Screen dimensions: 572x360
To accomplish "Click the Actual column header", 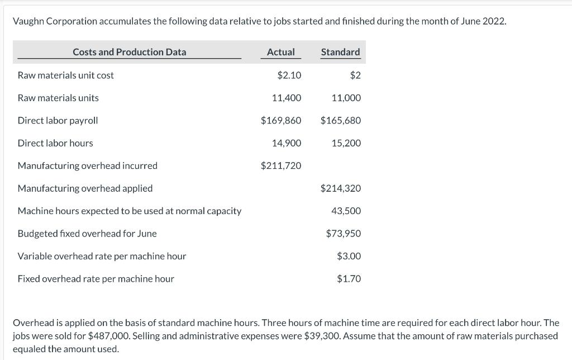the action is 280,52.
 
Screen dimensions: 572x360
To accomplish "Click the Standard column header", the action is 340,52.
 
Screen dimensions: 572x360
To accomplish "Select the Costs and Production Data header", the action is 129,52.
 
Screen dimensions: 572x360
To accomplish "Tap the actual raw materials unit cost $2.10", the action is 289,75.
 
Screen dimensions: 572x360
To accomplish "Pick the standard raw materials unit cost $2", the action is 355,75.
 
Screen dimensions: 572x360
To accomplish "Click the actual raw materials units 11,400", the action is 286,98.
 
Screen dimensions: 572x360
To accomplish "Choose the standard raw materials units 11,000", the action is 346,98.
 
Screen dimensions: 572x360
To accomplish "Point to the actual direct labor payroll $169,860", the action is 281,120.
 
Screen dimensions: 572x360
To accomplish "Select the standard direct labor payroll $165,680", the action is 341,120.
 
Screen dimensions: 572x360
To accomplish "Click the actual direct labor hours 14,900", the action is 286,143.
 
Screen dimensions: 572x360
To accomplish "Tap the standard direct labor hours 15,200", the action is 346,143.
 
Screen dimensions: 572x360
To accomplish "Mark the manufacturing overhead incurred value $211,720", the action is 281,165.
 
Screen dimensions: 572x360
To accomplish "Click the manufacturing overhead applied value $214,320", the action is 341,188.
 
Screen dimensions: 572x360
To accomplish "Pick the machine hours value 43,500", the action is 346,211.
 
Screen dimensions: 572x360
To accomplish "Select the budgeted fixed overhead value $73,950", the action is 344,234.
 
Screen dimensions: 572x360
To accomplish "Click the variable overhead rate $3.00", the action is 349,256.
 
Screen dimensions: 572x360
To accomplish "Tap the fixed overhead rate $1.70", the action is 349,278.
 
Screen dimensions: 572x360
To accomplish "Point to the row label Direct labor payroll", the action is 58,120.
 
